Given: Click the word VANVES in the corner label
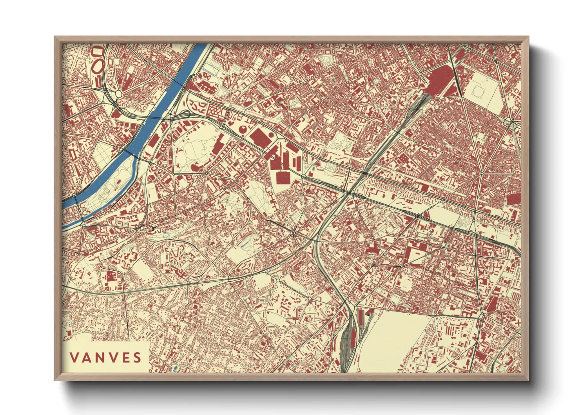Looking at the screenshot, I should click(105, 357).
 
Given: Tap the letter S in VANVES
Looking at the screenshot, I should click(137, 357).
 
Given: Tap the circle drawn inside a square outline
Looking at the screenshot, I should click(478, 91).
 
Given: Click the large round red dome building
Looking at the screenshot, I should click(243, 129).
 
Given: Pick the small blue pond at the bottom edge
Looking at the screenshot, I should click(175, 368).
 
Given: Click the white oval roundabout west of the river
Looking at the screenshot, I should click(118, 94).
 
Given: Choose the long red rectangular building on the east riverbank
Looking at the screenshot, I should click(154, 140).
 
